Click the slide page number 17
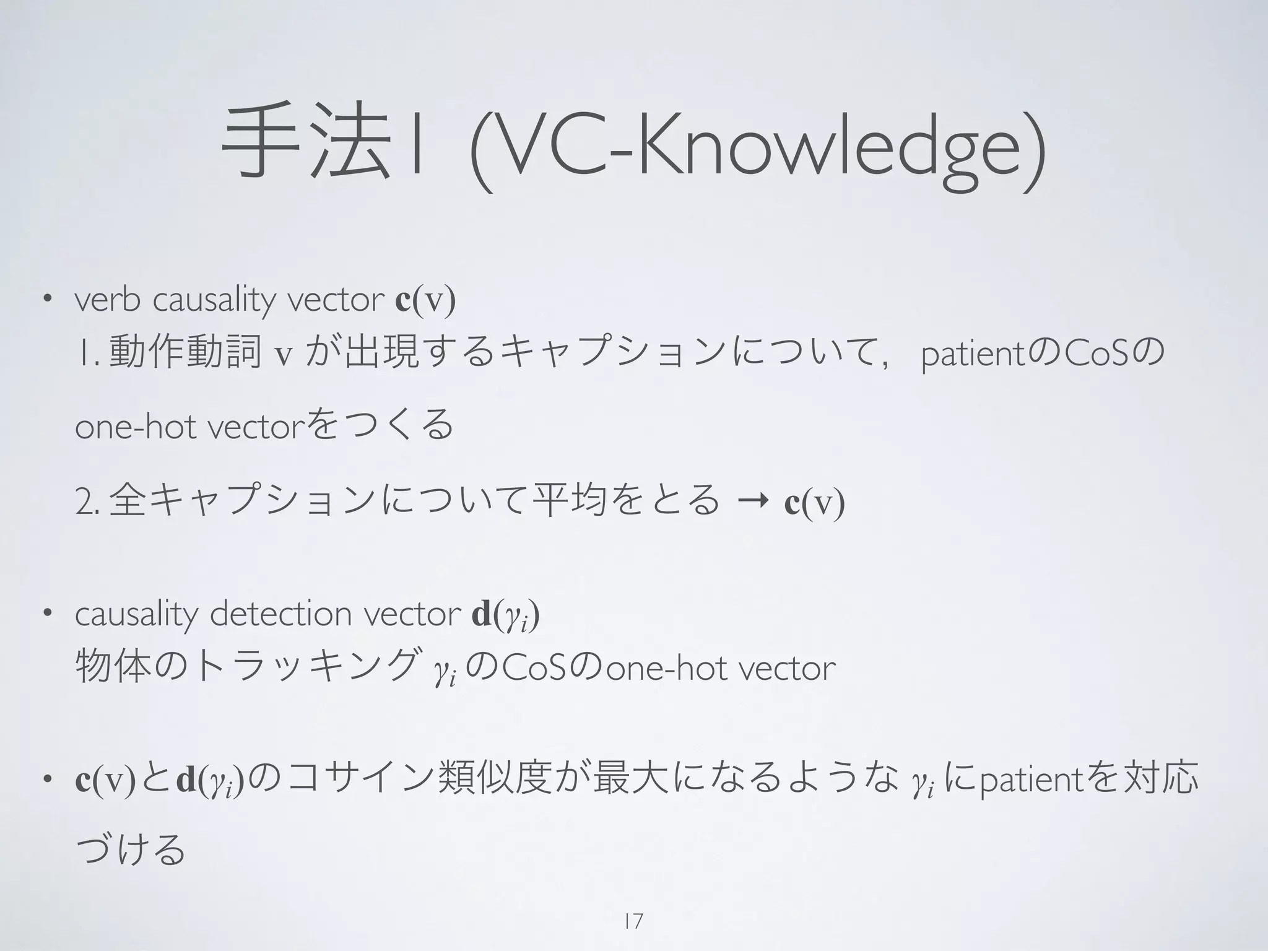pos(633,921)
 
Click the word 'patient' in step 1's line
pos(973,355)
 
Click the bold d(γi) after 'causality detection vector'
pos(505,615)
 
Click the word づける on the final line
pos(130,849)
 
